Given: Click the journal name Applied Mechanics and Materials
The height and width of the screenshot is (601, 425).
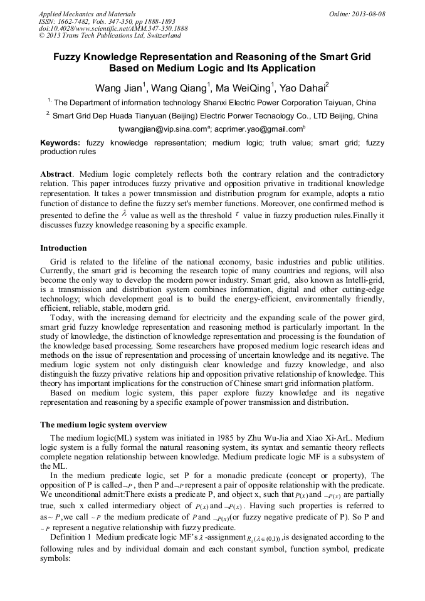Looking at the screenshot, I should click(x=87, y=14).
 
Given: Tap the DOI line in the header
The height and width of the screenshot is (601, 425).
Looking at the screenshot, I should click(x=113, y=29).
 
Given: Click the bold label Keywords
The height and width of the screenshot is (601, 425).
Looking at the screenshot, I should click(x=60, y=143).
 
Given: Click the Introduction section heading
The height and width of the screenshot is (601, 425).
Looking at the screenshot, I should click(x=63, y=248).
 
